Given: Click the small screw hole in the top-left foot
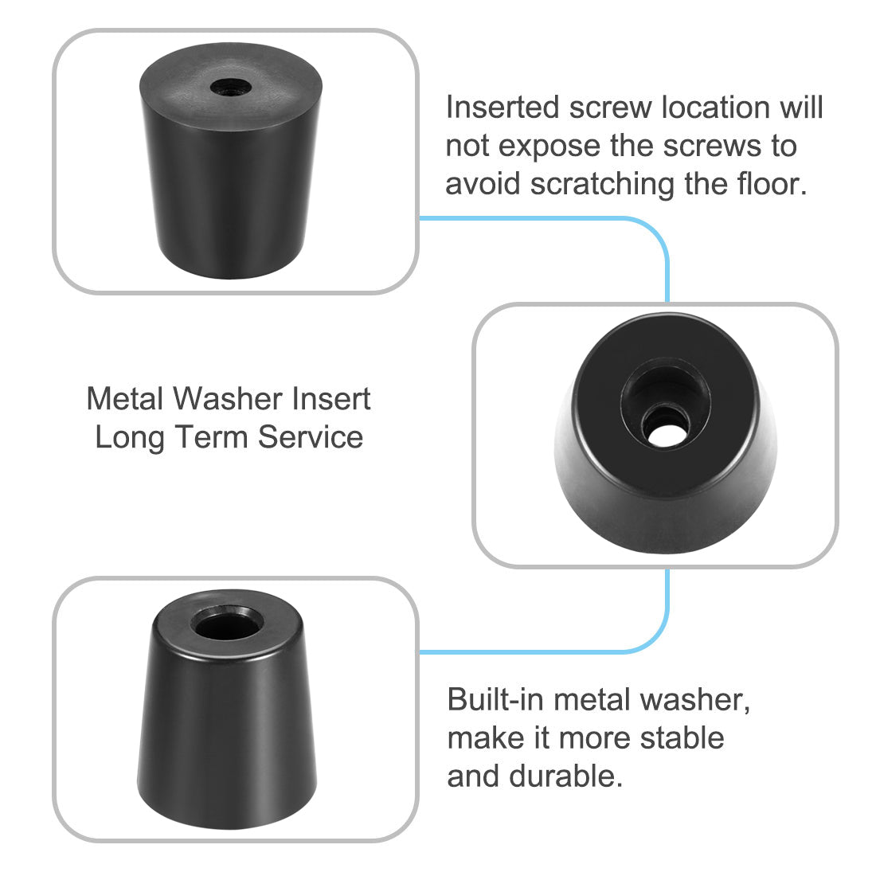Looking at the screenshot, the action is click(231, 87).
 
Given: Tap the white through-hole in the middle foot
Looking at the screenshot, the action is click(666, 434).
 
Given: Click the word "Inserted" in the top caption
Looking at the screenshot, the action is click(503, 107).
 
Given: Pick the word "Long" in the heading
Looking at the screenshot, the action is click(130, 438).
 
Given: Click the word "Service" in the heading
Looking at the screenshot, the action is click(311, 437).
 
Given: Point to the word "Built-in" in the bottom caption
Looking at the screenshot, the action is click(495, 699).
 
